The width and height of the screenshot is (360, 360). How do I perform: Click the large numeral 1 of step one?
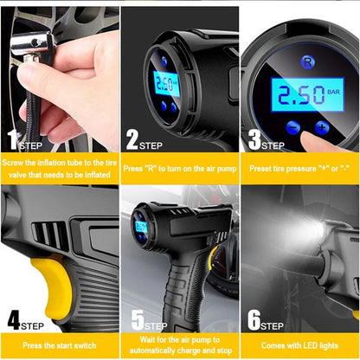(11, 139)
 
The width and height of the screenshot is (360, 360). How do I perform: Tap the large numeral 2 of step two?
(132, 139)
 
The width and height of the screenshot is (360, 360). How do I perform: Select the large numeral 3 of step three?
(254, 139)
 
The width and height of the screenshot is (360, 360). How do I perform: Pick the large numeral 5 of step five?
(137, 318)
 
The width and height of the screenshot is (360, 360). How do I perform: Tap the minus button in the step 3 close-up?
(292, 128)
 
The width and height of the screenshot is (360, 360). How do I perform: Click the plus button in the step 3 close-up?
(322, 128)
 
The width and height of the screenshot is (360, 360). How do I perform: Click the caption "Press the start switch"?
(60, 341)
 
